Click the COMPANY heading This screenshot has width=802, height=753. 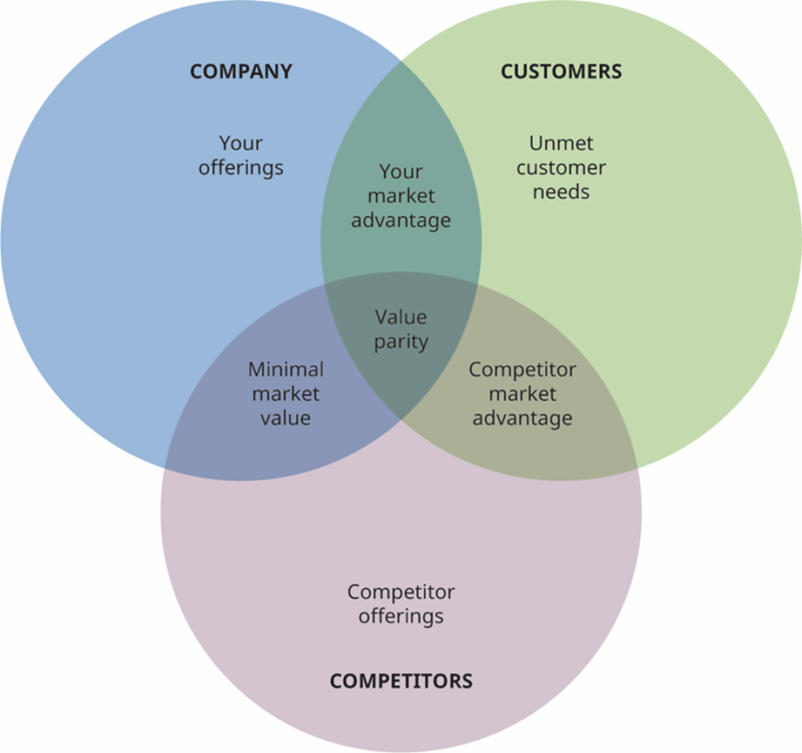[240, 71]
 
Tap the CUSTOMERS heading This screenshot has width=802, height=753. [561, 71]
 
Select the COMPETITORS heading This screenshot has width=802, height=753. [401, 681]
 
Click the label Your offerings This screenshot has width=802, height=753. [240, 155]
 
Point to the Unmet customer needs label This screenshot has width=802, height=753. [561, 167]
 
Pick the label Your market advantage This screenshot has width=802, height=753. [401, 196]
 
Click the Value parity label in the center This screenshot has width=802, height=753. [401, 329]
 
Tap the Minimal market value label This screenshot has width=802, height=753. [286, 394]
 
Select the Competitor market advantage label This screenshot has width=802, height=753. [522, 394]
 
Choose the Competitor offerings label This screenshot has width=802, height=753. [401, 604]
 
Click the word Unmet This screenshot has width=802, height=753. [561, 143]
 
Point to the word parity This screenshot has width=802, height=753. [401, 342]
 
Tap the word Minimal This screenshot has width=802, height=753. [286, 370]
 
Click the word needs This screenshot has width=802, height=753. [561, 192]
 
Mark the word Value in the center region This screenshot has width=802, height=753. [401, 317]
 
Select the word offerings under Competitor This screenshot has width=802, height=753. [401, 616]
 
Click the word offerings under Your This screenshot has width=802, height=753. [240, 167]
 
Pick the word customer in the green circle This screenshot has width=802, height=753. [561, 167]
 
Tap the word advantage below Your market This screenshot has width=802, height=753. [401, 220]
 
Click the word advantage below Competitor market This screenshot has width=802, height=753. [522, 418]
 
